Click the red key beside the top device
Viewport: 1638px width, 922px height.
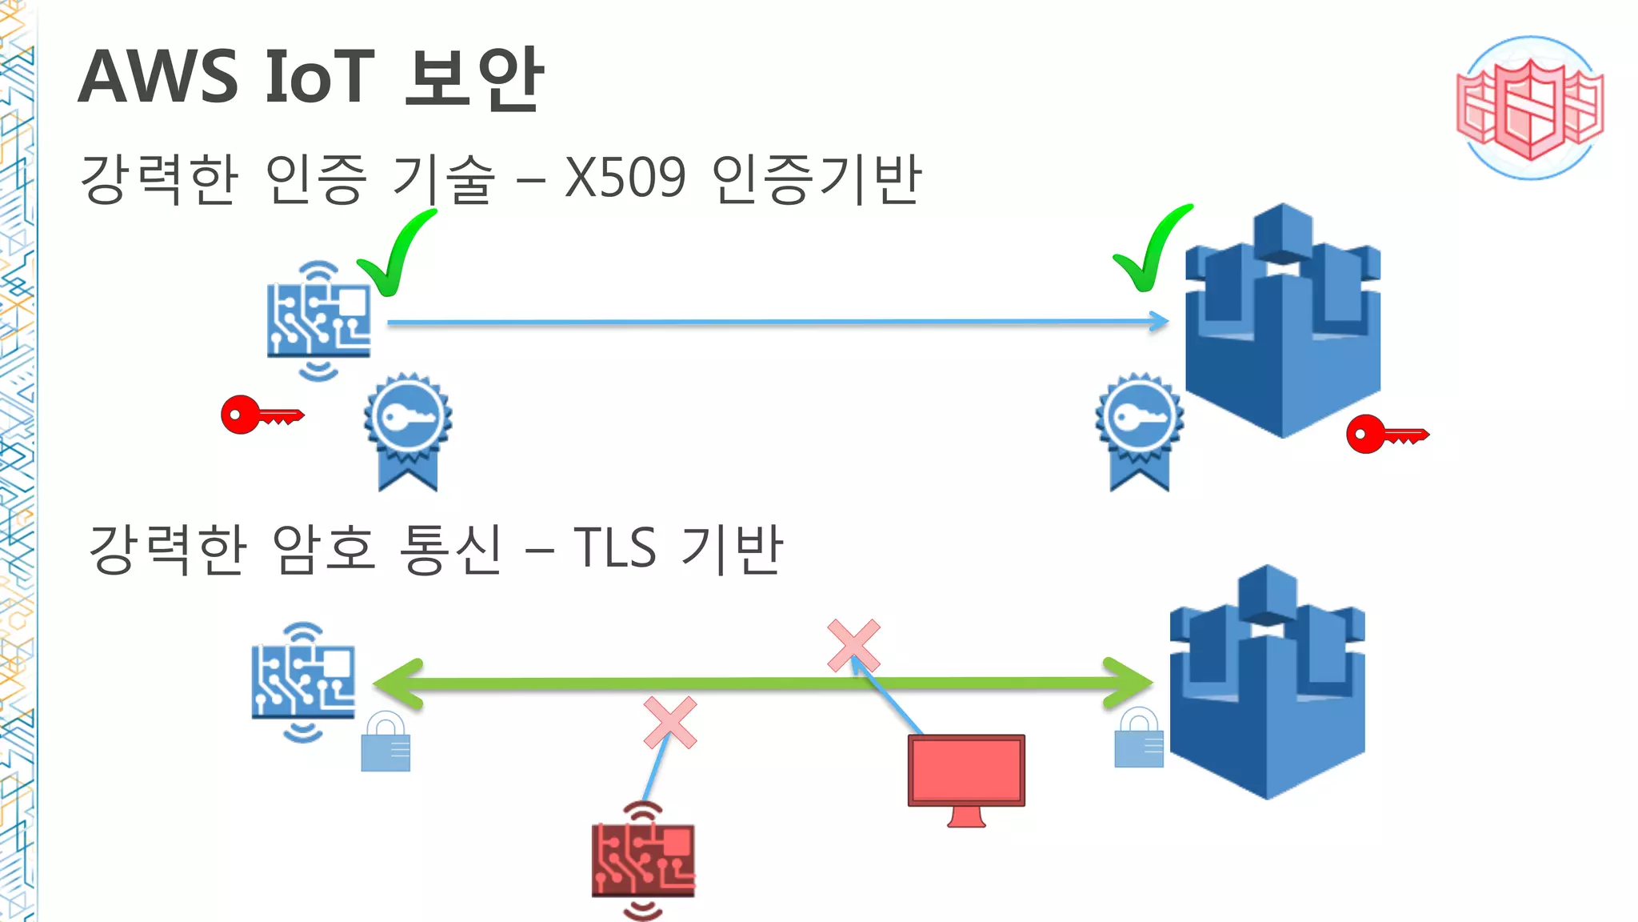[x=261, y=415]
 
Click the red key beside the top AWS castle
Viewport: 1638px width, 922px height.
[x=1385, y=434]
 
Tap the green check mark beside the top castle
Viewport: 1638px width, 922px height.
[x=1152, y=250]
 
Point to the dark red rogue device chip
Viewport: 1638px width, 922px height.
[x=643, y=861]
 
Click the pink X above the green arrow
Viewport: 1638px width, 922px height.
[x=853, y=645]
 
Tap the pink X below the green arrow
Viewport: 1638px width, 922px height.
[x=670, y=723]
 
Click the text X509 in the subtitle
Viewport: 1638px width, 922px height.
[x=625, y=178]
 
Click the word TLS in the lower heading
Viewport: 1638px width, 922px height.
[x=614, y=548]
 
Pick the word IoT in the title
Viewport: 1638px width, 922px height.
[x=319, y=77]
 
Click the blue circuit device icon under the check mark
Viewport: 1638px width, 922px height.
[x=318, y=320]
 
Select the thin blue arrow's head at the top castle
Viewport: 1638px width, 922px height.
[x=1160, y=322]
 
